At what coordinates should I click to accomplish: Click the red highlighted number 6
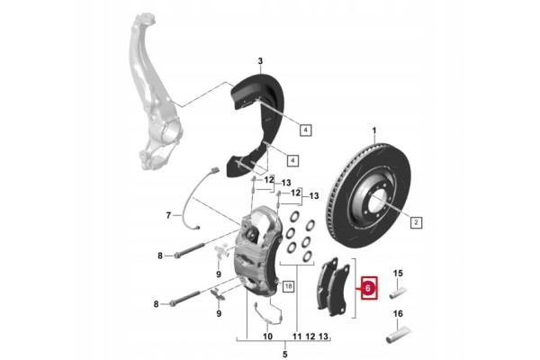[369, 288]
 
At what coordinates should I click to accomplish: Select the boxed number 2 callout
[416, 222]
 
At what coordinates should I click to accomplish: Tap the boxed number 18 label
[288, 285]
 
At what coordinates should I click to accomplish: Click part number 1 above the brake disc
[374, 130]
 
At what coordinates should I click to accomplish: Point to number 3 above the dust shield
[260, 61]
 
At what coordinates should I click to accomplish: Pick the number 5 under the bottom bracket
[284, 354]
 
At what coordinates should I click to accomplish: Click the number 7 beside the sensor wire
[168, 216]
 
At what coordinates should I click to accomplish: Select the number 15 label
[398, 274]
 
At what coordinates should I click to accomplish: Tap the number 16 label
[398, 314]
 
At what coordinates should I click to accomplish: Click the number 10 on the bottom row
[267, 336]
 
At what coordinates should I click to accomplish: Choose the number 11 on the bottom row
[297, 336]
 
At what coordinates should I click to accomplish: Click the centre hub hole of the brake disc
[378, 203]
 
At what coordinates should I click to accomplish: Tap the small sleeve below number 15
[399, 294]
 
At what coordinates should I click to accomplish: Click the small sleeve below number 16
[399, 335]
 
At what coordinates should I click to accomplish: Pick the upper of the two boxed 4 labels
[305, 130]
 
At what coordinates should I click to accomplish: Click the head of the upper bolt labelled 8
[177, 256]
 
